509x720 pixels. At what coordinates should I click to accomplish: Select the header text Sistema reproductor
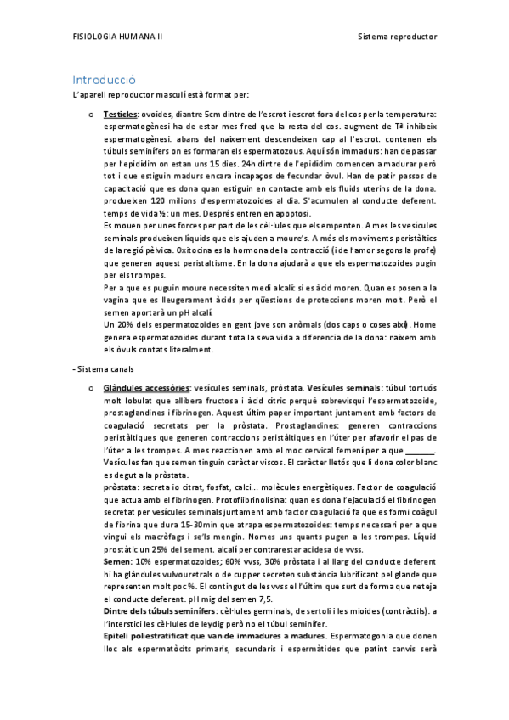398,39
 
